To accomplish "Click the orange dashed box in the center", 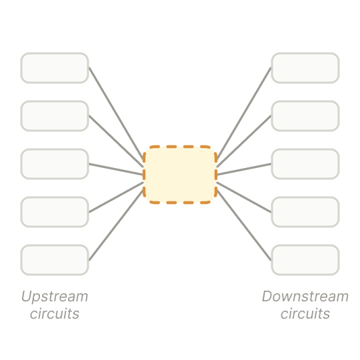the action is pyautogui.click(x=180, y=175).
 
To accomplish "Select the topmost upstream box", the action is pyautogui.click(x=55, y=68).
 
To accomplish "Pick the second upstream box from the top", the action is pyautogui.click(x=55, y=116).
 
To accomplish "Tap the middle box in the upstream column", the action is pyautogui.click(x=55, y=164).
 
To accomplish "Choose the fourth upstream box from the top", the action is pyautogui.click(x=55, y=212).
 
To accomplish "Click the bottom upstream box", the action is pyautogui.click(x=55, y=260).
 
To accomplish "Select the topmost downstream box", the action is pyautogui.click(x=305, y=68).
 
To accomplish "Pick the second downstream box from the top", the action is pyautogui.click(x=305, y=116).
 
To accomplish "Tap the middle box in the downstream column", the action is pyautogui.click(x=305, y=164).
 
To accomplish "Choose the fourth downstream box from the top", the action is pyautogui.click(x=305, y=212).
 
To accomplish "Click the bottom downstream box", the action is pyautogui.click(x=305, y=260).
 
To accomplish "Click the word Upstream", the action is pyautogui.click(x=55, y=297).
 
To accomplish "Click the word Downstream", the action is pyautogui.click(x=305, y=297).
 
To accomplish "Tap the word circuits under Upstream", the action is pyautogui.click(x=55, y=313).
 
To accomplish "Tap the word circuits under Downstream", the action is pyautogui.click(x=305, y=313).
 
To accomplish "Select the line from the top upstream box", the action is pyautogui.click(x=116, y=113).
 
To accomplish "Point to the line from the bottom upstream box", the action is pyautogui.click(x=116, y=225).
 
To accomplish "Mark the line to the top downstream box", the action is pyautogui.click(x=244, y=113).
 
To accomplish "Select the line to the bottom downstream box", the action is pyautogui.click(x=244, y=225).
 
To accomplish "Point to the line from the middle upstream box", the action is pyautogui.click(x=116, y=169).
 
